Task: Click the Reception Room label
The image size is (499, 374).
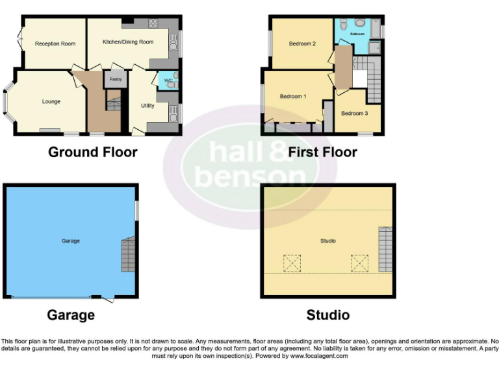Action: point(55,44)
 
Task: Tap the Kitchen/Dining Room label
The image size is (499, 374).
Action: point(128,42)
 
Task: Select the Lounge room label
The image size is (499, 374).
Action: point(51,101)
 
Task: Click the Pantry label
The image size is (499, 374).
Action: point(115,79)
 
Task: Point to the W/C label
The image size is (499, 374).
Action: point(168,81)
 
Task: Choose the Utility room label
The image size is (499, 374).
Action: point(147,105)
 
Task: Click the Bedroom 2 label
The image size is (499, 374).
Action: point(302,44)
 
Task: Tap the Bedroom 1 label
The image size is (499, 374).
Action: point(293,96)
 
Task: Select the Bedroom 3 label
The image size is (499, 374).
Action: point(355,113)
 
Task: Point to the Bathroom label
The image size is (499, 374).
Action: point(357,33)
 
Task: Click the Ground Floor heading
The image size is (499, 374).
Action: point(93,153)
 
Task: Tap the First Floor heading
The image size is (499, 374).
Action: point(323,153)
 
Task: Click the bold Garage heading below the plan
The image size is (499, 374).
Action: point(71,316)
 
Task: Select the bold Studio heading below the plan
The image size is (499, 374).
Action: point(328,316)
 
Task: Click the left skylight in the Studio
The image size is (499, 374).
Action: point(292,263)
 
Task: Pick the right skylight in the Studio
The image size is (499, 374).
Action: point(359,263)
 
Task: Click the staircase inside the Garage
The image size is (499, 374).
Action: point(129,254)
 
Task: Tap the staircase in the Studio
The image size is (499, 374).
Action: point(385,249)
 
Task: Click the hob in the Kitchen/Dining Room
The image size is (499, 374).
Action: point(153,23)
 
